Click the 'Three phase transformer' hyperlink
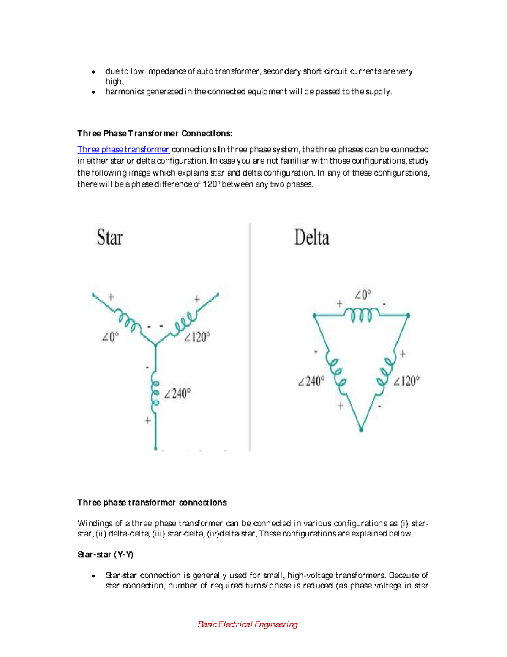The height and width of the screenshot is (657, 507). (123, 150)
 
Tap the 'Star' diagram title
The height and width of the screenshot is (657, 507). (109, 237)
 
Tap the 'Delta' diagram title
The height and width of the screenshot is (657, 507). (311, 237)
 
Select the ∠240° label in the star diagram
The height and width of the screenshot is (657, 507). (177, 394)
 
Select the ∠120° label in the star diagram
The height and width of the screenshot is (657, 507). (197, 337)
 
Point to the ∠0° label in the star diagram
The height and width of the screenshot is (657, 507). (110, 337)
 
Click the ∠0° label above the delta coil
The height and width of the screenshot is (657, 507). (363, 294)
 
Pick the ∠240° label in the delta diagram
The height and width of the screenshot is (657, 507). (311, 381)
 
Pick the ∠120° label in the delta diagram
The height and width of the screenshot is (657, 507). (406, 381)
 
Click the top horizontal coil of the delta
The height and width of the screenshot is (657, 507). (362, 315)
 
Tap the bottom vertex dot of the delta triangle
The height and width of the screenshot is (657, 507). (361, 429)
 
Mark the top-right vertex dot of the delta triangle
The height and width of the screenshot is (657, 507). (408, 315)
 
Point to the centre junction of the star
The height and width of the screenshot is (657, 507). (155, 345)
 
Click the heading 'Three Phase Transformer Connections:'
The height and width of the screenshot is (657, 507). (155, 134)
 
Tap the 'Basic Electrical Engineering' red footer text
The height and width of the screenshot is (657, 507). (248, 624)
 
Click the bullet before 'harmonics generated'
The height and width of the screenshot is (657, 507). (93, 92)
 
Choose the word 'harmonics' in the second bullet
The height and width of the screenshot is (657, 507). (125, 92)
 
